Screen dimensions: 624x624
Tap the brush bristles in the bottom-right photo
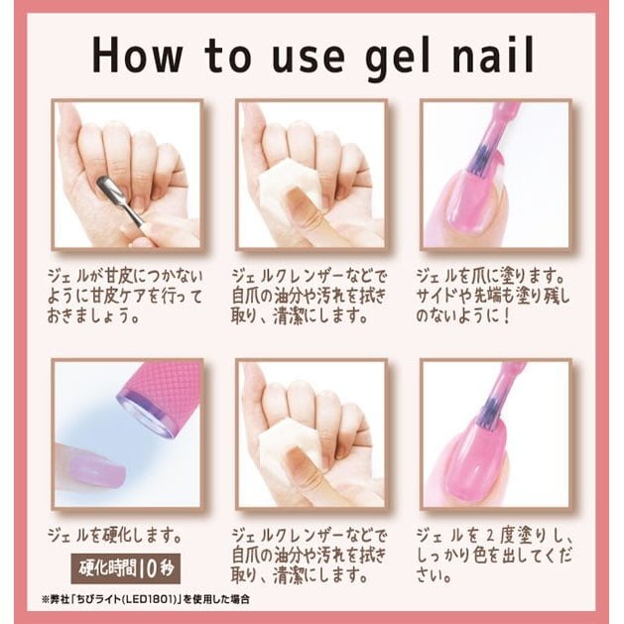[x=486, y=414]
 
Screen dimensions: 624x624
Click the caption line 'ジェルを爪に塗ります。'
[x=492, y=276]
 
